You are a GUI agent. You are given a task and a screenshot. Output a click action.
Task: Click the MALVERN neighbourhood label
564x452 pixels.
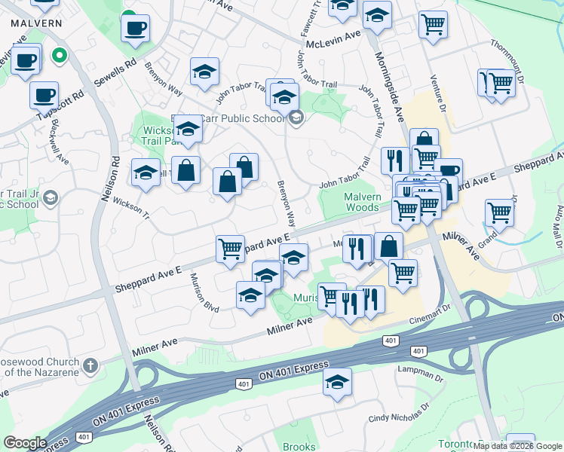click(36, 23)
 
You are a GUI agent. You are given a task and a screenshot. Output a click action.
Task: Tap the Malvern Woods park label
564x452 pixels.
click(351, 202)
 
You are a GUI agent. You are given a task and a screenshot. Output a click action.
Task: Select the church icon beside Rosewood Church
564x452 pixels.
click(90, 365)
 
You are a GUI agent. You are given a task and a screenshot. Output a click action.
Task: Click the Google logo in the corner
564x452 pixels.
click(25, 443)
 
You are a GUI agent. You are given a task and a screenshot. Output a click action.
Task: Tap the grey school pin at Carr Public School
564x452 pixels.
click(296, 118)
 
